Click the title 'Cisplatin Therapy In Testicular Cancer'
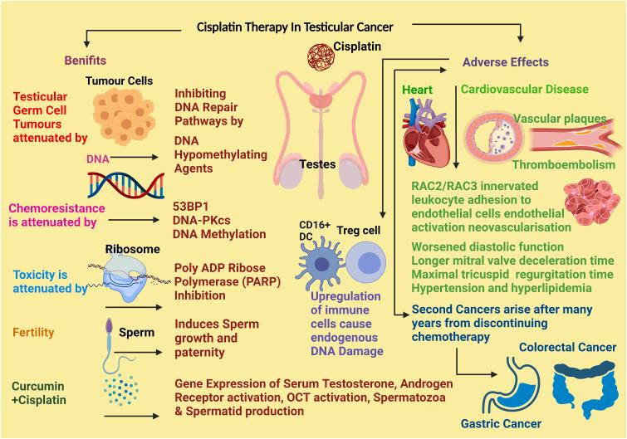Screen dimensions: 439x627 click(x=306, y=27)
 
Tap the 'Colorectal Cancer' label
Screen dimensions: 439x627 click(x=566, y=347)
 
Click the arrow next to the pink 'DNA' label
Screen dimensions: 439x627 click(x=135, y=156)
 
